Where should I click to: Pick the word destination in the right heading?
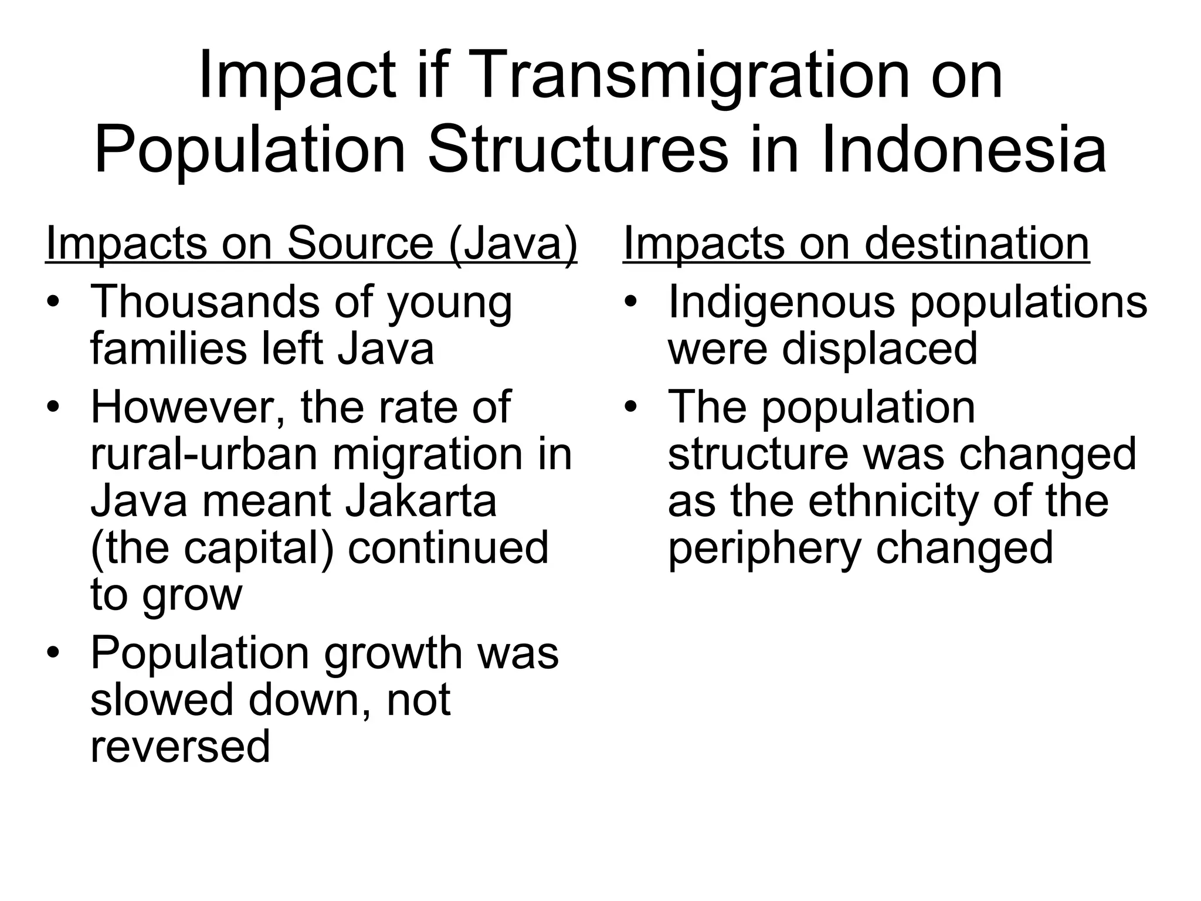coord(976,243)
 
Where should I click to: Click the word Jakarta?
coord(421,501)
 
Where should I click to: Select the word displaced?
coord(880,349)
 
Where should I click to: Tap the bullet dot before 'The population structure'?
coord(631,407)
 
